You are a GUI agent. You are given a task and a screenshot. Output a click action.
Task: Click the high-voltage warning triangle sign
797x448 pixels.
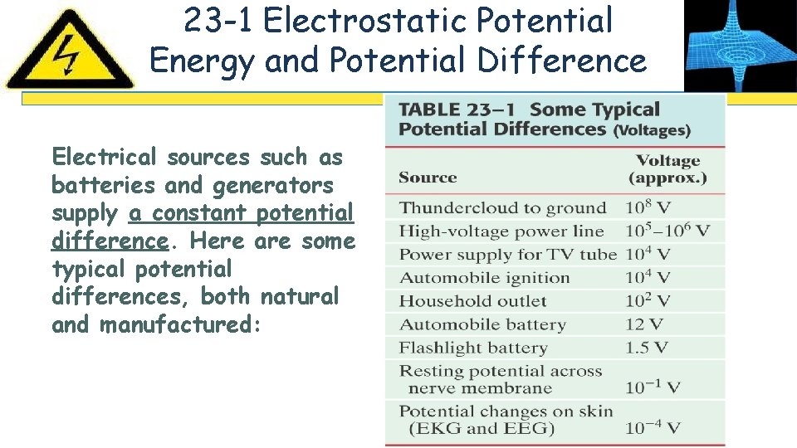[x=68, y=51]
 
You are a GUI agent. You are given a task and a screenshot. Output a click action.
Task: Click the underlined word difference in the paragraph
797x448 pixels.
[x=110, y=241]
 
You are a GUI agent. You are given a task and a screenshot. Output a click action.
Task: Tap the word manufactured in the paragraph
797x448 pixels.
[x=181, y=324]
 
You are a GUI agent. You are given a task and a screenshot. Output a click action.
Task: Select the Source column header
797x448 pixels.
[x=428, y=178]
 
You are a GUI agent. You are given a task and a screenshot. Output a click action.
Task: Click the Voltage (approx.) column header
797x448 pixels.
[x=668, y=169]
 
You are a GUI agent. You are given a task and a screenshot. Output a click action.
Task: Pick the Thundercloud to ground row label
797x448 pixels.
[x=502, y=208]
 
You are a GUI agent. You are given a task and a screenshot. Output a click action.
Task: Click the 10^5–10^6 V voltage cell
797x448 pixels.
[x=667, y=231]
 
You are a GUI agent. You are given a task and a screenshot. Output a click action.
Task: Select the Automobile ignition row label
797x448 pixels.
[x=484, y=278]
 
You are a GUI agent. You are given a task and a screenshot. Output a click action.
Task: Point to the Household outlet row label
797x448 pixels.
[x=472, y=301]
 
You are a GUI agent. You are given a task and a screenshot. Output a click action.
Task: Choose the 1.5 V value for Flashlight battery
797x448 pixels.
[x=647, y=348]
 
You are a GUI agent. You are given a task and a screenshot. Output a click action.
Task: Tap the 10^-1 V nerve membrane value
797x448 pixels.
[x=653, y=387]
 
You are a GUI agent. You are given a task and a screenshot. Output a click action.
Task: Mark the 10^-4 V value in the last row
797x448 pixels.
[x=653, y=428]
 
